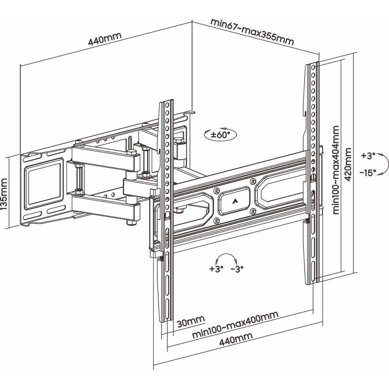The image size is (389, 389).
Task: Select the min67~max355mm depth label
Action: pyautogui.click(x=252, y=31)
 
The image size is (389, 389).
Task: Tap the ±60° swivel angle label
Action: pyautogui.click(x=220, y=135)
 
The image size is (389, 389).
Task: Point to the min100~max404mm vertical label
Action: pyautogui.click(x=336, y=170)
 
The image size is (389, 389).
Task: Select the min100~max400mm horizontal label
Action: pyautogui.click(x=235, y=325)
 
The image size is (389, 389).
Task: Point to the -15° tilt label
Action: pyautogui.click(x=368, y=173)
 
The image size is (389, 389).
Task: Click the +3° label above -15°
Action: pyautogui.click(x=368, y=156)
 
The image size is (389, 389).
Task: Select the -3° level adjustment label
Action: pyautogui.click(x=237, y=268)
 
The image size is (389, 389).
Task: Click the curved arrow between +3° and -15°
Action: pyautogui.click(x=384, y=164)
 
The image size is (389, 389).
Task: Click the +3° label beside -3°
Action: pyautogui.click(x=216, y=268)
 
